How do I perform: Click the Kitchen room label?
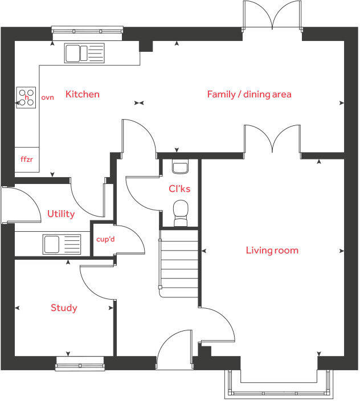coord(82,94)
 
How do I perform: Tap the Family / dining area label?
coord(249,94)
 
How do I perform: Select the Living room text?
coord(272,250)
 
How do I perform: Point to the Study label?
coord(64,308)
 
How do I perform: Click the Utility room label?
coord(61,214)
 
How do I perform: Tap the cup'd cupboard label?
coord(105,239)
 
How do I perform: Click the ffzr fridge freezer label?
coord(27,159)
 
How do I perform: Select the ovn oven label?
coord(47,97)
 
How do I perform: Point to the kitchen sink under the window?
coord(85,53)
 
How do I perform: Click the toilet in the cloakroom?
coord(181,211)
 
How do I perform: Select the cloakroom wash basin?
coord(179,167)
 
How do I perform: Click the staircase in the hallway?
coord(178,262)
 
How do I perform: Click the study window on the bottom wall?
coord(80,363)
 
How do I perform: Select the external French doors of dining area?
coord(272,16)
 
